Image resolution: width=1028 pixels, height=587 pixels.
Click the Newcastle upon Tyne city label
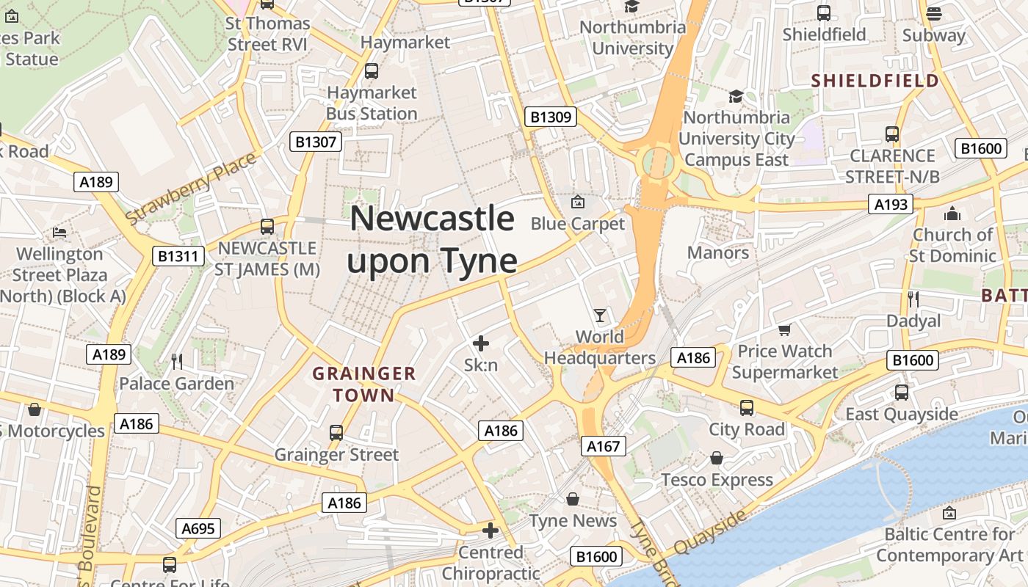(x=432, y=240)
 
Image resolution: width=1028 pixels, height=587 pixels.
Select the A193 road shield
(x=891, y=204)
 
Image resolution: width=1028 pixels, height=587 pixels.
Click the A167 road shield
(x=604, y=445)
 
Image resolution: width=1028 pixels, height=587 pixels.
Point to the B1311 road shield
(x=178, y=256)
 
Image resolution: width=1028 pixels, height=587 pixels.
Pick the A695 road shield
(x=198, y=528)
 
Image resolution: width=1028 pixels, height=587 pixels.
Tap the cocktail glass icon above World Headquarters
(x=601, y=316)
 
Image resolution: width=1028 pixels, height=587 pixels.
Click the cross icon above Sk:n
(x=481, y=343)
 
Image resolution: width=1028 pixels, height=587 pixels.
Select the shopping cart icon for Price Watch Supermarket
(x=784, y=330)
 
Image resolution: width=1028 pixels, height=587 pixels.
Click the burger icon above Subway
(x=934, y=13)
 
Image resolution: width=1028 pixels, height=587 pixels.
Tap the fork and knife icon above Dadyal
(x=913, y=299)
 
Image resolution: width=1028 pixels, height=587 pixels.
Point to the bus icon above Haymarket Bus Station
(x=372, y=71)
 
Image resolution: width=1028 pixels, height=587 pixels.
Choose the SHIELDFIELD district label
(x=875, y=81)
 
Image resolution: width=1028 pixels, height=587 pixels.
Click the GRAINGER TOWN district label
(x=364, y=384)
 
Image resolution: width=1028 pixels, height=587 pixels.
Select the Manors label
(x=717, y=253)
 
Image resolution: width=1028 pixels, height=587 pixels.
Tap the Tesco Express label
(x=717, y=481)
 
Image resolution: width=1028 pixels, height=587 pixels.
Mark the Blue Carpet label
(x=577, y=224)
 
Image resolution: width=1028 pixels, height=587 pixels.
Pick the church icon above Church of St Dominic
(x=952, y=214)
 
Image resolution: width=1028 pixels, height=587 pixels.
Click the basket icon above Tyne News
(x=573, y=499)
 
